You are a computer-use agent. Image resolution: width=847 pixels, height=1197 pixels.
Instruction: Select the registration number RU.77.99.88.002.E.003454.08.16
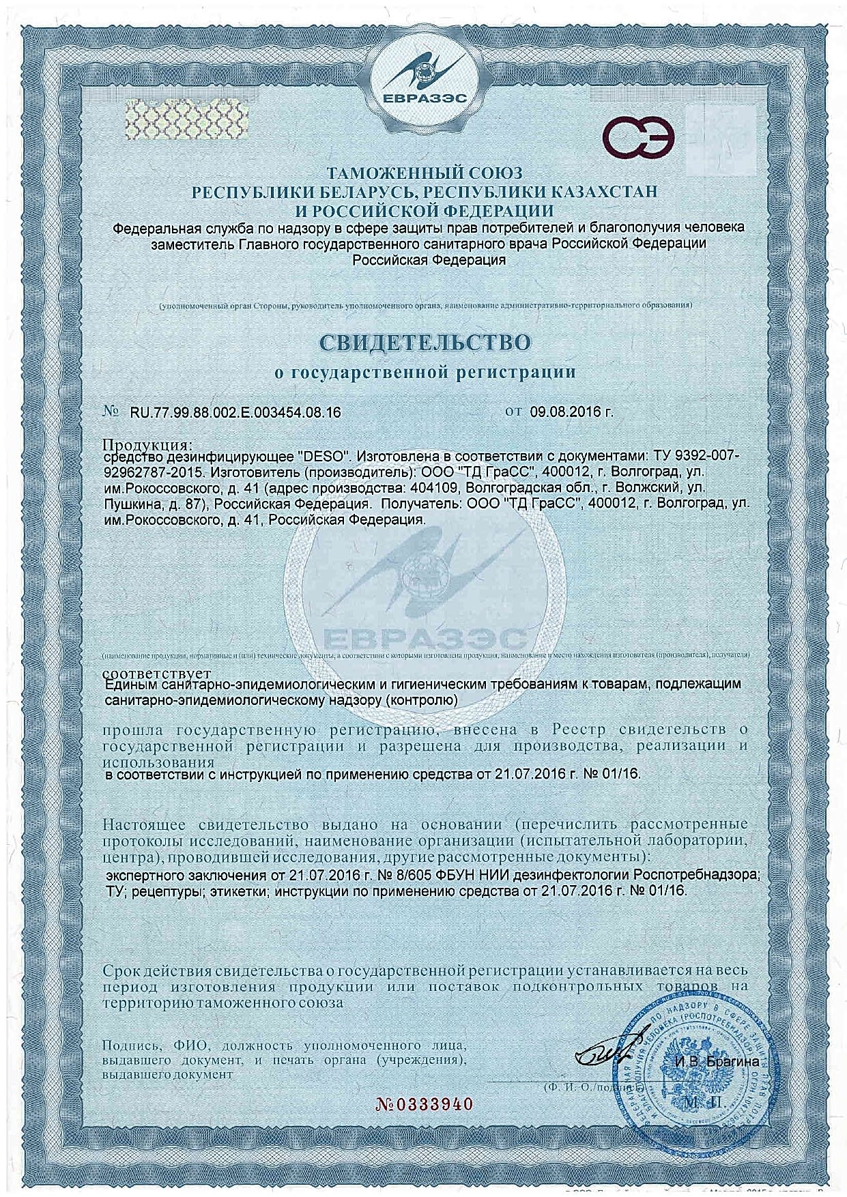pyautogui.click(x=235, y=413)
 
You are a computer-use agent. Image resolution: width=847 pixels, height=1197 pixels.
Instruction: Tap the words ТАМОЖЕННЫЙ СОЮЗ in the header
pyautogui.click(x=425, y=174)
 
